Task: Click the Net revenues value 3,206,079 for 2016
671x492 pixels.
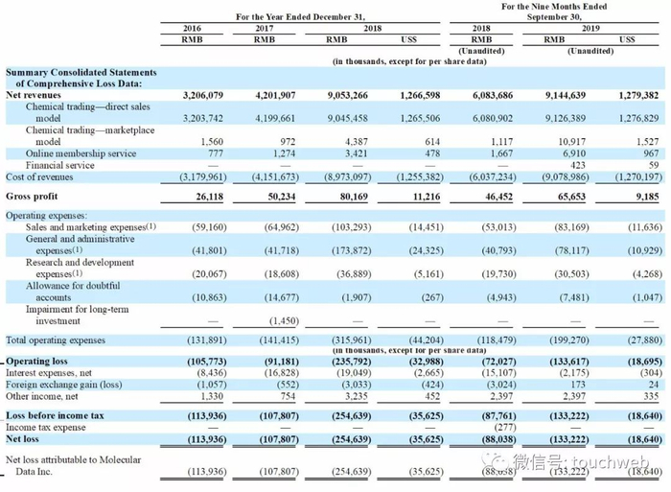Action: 197,95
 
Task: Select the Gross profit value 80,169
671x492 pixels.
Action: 350,195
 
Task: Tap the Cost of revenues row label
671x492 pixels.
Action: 40,176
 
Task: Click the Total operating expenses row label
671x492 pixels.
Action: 57,340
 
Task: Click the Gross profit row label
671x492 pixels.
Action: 34,195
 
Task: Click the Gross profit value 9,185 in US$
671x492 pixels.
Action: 642,195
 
